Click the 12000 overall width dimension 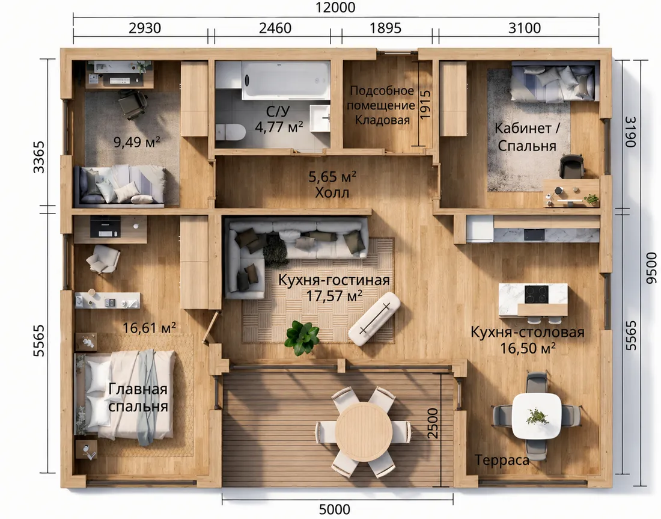coord(335,7)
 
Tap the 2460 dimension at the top coord(275,28)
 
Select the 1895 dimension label coord(385,28)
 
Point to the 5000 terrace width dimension coord(335,509)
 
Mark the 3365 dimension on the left coord(39,157)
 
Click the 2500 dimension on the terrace coord(433,423)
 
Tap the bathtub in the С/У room coord(286,80)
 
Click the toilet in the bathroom coord(230,132)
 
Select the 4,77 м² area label coord(279,126)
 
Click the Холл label coord(332,193)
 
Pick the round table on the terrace coord(364,431)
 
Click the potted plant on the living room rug coord(302,337)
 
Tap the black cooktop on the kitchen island coord(536,294)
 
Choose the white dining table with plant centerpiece coord(537,416)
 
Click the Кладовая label coord(382,120)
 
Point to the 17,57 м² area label coord(334,296)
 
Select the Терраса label coord(502,460)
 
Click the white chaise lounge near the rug coord(374,319)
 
